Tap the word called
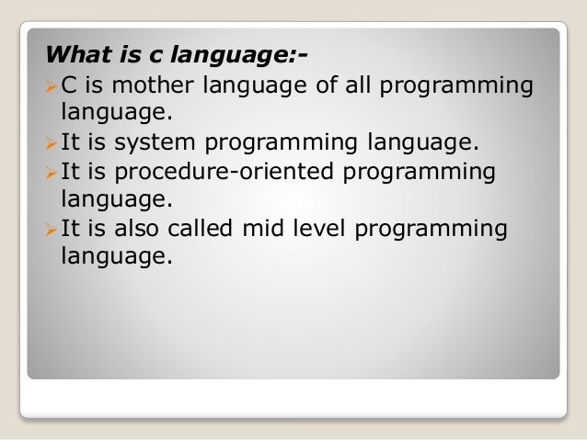(x=200, y=230)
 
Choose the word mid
(x=265, y=230)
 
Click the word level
(x=317, y=230)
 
